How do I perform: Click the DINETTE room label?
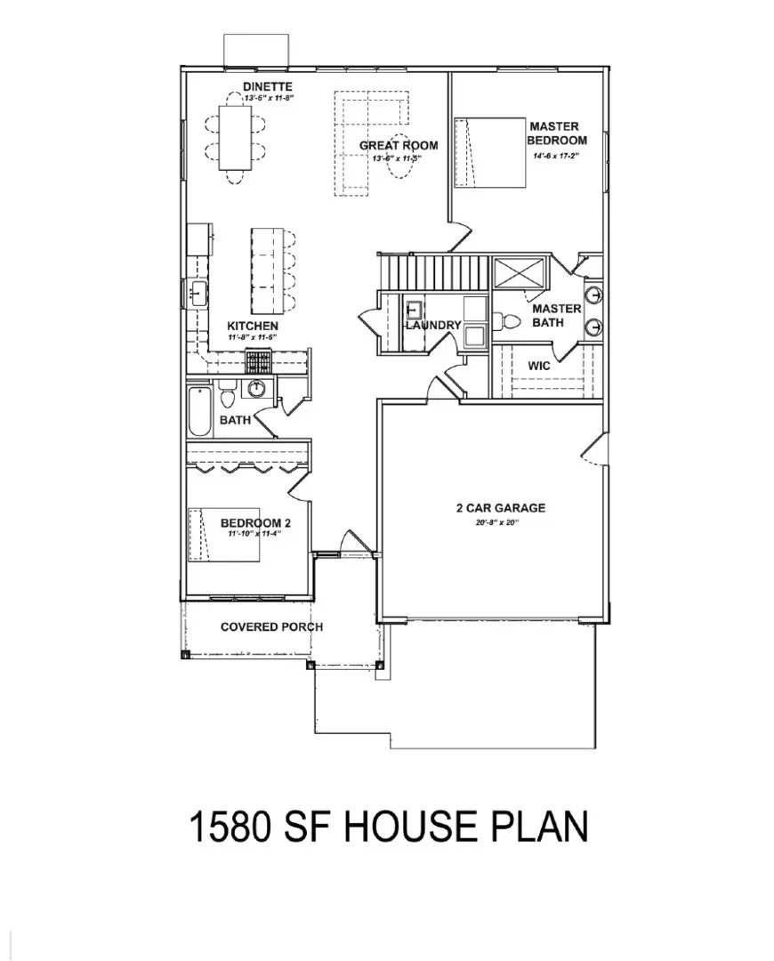(x=268, y=86)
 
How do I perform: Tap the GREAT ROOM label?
(x=398, y=145)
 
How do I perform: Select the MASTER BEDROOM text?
(x=557, y=133)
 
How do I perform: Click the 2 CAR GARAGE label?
(x=500, y=508)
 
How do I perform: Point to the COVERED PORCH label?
(x=271, y=626)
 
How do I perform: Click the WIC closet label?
(x=539, y=366)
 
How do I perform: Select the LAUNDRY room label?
(x=433, y=326)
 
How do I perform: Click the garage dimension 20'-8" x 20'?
(x=496, y=522)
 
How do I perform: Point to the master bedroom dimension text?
(x=555, y=156)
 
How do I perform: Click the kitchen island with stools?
(x=265, y=269)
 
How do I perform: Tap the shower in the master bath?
(x=517, y=272)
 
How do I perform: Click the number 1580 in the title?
(x=230, y=827)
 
